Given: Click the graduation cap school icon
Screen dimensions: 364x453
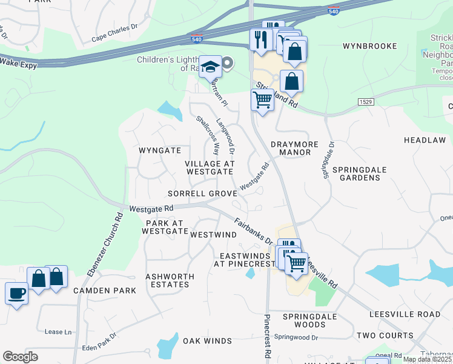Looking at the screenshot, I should [211, 67].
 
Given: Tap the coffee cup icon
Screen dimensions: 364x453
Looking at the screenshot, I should [16, 294].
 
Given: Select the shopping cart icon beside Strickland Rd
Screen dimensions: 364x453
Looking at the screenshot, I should [262, 99].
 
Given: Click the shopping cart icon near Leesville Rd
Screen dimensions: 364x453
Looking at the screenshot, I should [296, 263].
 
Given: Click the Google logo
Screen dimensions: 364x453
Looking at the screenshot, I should [20, 357].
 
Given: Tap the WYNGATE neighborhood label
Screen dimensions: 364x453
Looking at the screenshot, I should [160, 150].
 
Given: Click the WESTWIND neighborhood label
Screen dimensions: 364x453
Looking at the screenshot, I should [213, 234].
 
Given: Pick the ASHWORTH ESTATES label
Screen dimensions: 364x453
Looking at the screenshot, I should [170, 280].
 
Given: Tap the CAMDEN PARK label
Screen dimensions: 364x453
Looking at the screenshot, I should [105, 291].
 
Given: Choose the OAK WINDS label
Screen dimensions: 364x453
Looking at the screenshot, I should [208, 341].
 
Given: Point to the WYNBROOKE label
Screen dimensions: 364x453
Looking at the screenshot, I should [369, 46].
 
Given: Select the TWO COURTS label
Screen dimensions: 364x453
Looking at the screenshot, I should [385, 335].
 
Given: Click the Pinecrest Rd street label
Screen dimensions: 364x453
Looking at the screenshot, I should [266, 337].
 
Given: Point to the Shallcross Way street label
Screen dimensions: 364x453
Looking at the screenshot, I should [207, 135].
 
